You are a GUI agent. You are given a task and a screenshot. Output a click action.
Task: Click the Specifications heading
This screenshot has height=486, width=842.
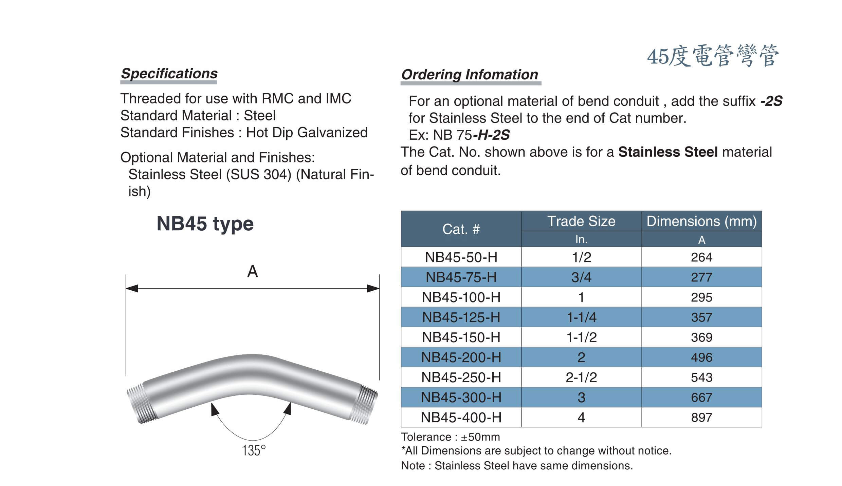point(169,74)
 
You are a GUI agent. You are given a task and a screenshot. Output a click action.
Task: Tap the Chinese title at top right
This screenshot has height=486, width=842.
point(713,56)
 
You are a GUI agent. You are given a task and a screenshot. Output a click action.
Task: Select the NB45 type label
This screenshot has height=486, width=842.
point(205,224)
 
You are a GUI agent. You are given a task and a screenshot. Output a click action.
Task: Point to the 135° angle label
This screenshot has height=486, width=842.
point(254,450)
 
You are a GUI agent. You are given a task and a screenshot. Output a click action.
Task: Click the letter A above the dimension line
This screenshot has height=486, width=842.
point(252,272)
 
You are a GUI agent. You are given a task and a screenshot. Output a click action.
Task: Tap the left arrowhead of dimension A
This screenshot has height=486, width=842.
point(132,289)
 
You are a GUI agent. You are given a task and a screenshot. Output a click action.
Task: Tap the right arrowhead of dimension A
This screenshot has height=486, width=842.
point(373,289)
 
